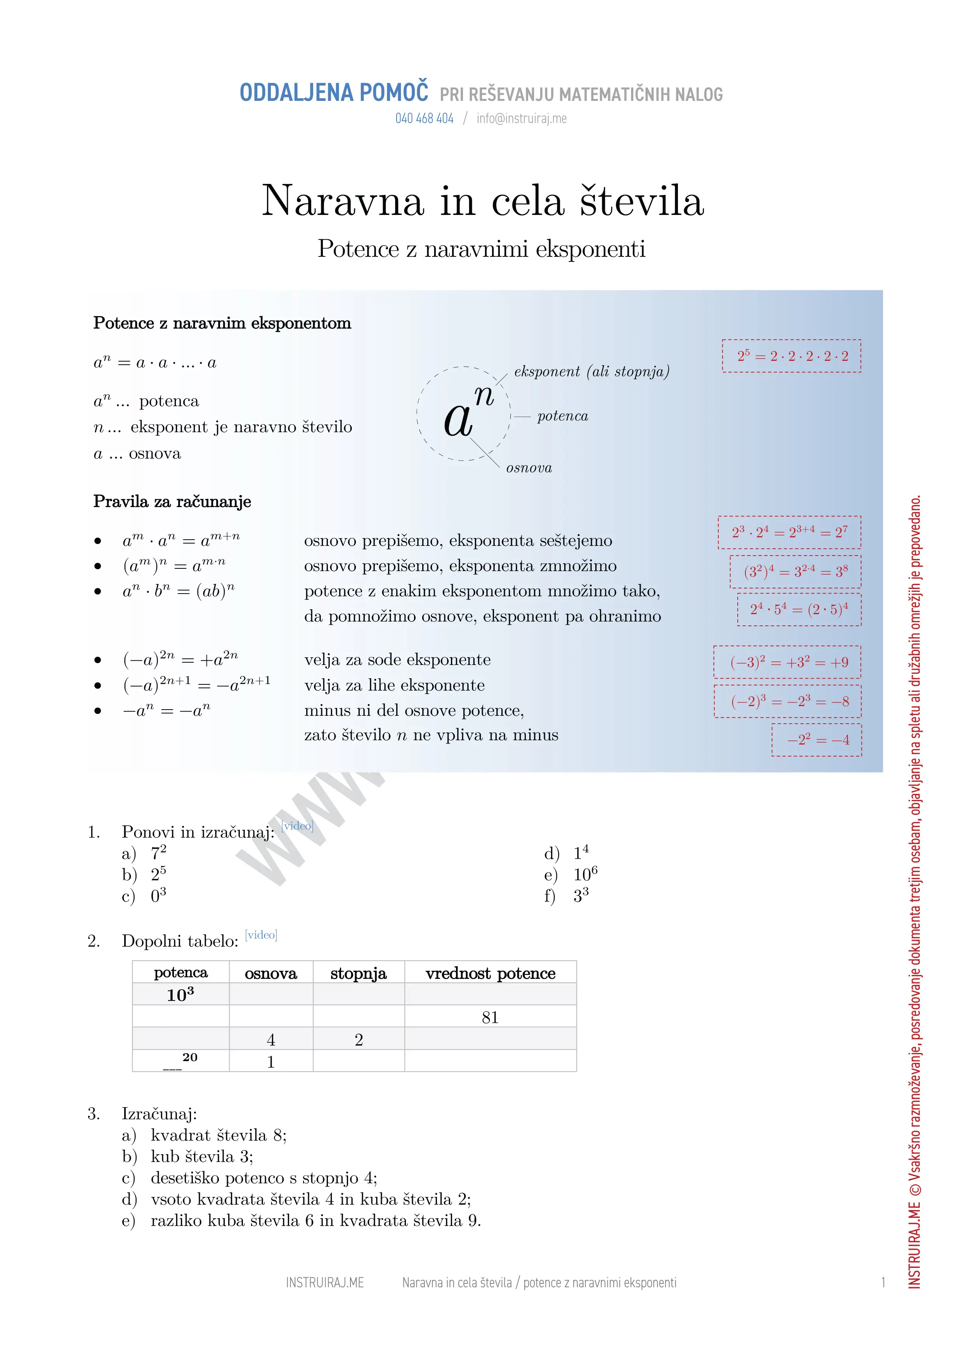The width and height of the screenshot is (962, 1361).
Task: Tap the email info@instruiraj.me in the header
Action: (522, 119)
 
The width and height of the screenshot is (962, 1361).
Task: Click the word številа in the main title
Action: (641, 201)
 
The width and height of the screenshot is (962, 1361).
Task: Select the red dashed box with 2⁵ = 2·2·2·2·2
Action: (791, 356)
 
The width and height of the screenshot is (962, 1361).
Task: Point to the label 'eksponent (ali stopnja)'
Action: (591, 372)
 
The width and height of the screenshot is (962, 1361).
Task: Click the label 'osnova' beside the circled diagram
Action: (529, 468)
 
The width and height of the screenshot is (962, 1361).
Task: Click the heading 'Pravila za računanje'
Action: (172, 502)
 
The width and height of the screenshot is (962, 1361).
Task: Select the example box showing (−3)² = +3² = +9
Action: (787, 662)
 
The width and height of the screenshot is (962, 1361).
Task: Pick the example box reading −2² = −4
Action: (817, 740)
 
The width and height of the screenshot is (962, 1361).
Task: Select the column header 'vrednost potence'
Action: (490, 973)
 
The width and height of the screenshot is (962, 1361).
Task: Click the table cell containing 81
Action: (490, 1017)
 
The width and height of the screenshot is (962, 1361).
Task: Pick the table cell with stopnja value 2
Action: (359, 1040)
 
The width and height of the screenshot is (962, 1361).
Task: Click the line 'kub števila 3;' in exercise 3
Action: (201, 1157)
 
